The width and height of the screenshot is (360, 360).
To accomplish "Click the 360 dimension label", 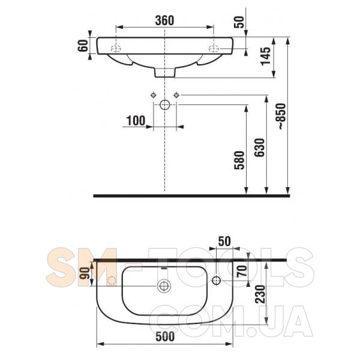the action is [x=164, y=20].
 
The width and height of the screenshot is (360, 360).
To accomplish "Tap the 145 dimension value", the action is [x=266, y=56].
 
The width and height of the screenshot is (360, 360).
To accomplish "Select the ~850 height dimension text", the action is [x=282, y=116].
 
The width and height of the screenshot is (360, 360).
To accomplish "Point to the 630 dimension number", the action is [x=260, y=148].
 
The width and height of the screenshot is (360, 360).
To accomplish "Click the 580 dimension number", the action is [x=239, y=160].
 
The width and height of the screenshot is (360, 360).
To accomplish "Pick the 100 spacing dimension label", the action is [x=136, y=121].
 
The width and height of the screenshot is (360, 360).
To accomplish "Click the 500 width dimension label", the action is [x=165, y=337].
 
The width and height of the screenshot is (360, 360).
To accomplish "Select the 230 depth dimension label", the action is [x=260, y=295].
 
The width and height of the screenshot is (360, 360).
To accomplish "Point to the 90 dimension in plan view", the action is [x=84, y=273].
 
